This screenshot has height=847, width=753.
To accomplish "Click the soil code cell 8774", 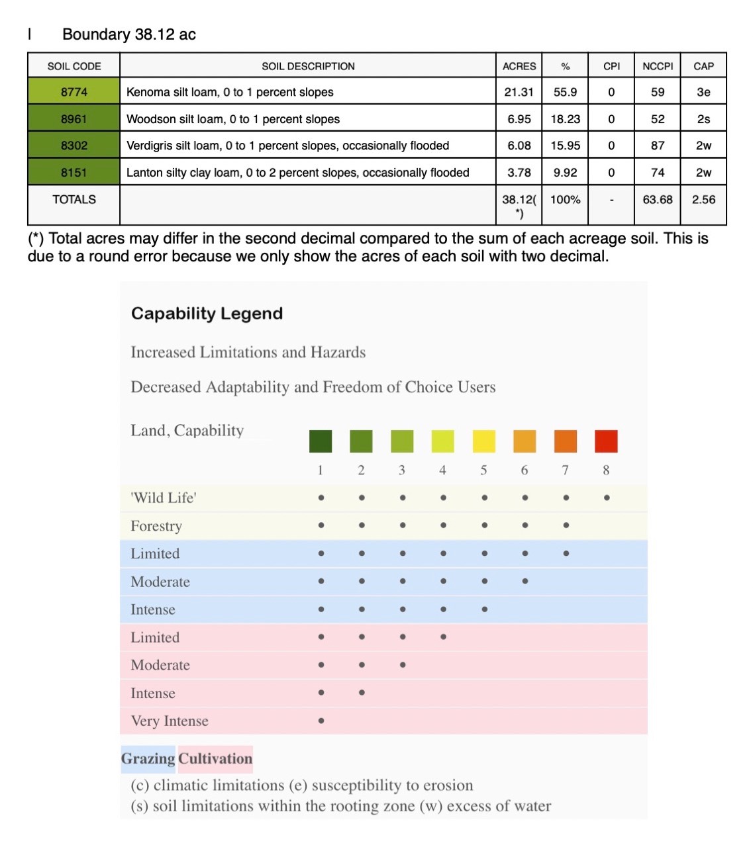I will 74,92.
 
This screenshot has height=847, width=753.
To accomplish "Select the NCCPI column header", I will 657,66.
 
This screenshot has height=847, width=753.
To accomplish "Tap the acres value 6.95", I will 519,119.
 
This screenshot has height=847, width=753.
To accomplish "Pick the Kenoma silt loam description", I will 230,92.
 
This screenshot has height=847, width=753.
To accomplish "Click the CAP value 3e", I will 703,92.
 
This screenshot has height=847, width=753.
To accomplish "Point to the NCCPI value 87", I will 657,146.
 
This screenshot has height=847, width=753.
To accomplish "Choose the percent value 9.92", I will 565,173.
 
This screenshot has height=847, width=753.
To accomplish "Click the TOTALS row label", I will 74,199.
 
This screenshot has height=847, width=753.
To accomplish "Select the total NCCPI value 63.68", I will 657,199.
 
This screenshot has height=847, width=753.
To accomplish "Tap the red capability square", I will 606,441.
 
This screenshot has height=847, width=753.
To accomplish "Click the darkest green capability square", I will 321,441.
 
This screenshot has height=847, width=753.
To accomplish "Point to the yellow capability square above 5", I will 483,441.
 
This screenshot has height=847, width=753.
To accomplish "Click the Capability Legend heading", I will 207,314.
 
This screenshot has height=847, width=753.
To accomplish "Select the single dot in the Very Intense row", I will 321,721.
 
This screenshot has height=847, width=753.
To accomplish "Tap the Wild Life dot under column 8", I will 607,498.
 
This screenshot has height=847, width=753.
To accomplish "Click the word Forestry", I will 156,526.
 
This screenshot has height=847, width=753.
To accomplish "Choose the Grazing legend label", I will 148,758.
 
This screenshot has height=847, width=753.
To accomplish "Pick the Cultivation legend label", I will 215,758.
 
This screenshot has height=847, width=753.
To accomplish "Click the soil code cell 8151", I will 74,173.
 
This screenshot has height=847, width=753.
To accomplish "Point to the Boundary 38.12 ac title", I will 128,34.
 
